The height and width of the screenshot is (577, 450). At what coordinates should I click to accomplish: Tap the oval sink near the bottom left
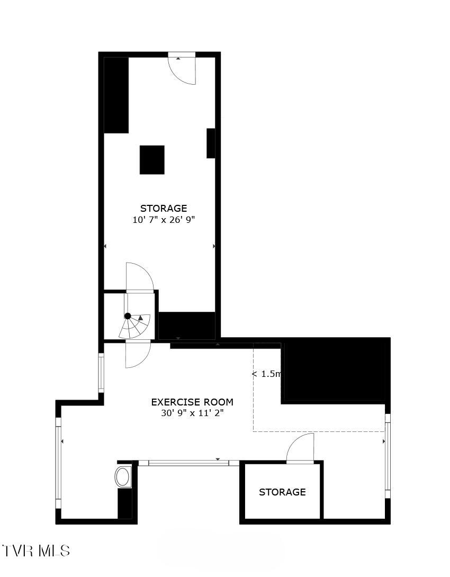click(x=123, y=476)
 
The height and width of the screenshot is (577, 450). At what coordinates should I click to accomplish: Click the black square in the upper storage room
click(x=152, y=160)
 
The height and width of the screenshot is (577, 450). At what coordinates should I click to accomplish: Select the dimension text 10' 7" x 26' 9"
click(x=164, y=220)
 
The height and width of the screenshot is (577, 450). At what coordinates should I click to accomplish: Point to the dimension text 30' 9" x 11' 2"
click(x=192, y=413)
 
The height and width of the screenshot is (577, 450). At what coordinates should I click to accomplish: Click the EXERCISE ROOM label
click(x=192, y=402)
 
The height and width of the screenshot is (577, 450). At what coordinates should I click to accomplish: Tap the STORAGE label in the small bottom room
click(x=282, y=492)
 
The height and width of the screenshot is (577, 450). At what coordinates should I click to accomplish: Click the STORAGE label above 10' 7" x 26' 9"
click(x=164, y=209)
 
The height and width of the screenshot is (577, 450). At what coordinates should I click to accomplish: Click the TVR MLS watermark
click(x=36, y=551)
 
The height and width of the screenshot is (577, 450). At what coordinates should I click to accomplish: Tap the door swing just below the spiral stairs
click(x=138, y=355)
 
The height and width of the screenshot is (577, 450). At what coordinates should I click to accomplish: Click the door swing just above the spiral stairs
click(x=139, y=277)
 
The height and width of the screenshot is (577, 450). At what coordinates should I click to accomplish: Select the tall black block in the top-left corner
click(x=116, y=95)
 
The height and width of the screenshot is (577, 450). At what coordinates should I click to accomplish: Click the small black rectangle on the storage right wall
click(x=211, y=143)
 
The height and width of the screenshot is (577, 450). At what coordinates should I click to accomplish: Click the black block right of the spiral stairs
click(x=187, y=325)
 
